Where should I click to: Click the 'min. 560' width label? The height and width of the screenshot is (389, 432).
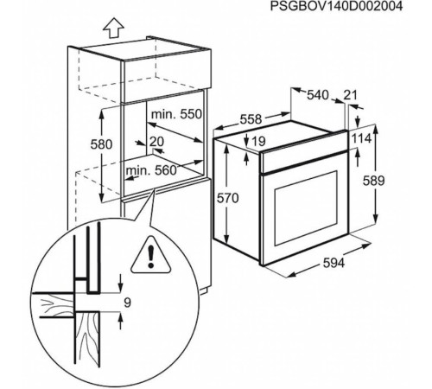tap(150, 171)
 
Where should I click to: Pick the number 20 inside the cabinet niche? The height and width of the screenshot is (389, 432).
tap(156, 141)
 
